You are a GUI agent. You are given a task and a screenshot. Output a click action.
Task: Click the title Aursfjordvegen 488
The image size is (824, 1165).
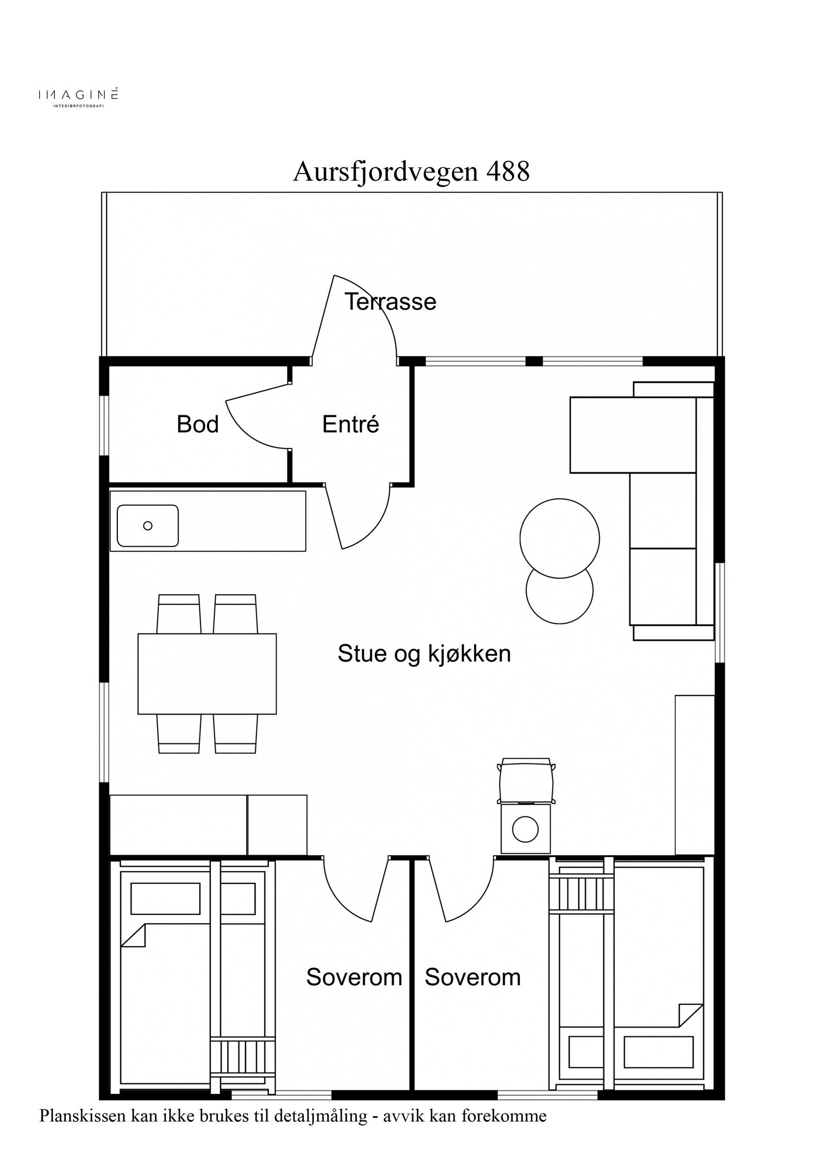411,172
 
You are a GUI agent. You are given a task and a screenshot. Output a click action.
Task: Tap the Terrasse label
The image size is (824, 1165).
390,302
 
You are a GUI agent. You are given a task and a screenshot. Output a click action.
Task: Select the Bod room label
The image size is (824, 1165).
198,425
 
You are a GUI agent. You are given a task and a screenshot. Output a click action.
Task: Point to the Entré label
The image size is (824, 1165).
350,425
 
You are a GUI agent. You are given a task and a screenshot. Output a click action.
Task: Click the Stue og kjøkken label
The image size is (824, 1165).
424,654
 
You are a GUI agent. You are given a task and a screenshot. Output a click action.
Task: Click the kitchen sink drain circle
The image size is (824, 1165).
148,526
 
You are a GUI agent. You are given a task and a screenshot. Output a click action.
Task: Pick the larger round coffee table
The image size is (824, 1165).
559,538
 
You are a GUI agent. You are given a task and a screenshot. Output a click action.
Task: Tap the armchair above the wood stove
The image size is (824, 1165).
526,780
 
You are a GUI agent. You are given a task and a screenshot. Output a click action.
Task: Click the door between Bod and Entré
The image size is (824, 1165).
257,422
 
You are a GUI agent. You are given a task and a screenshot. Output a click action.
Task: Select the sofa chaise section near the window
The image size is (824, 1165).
633,434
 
